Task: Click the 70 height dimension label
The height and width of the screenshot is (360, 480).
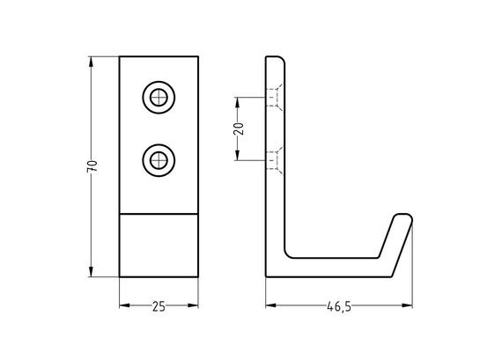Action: pos(92,166)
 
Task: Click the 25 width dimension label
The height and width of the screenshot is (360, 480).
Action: pos(159,306)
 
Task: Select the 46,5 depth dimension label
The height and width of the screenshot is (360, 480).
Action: pos(339,306)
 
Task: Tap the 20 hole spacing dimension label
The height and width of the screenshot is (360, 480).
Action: pos(239,129)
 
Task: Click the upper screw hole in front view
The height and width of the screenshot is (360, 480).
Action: pos(159,98)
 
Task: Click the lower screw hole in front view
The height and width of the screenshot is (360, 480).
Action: pos(159,160)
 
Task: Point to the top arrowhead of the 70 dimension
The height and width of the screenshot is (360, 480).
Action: pos(91,62)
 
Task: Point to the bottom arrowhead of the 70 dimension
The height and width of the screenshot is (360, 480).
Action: pos(91,272)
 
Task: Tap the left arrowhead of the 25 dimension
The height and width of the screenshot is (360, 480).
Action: pos(125,305)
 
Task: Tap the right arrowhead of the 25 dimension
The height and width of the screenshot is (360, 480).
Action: pos(193,305)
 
